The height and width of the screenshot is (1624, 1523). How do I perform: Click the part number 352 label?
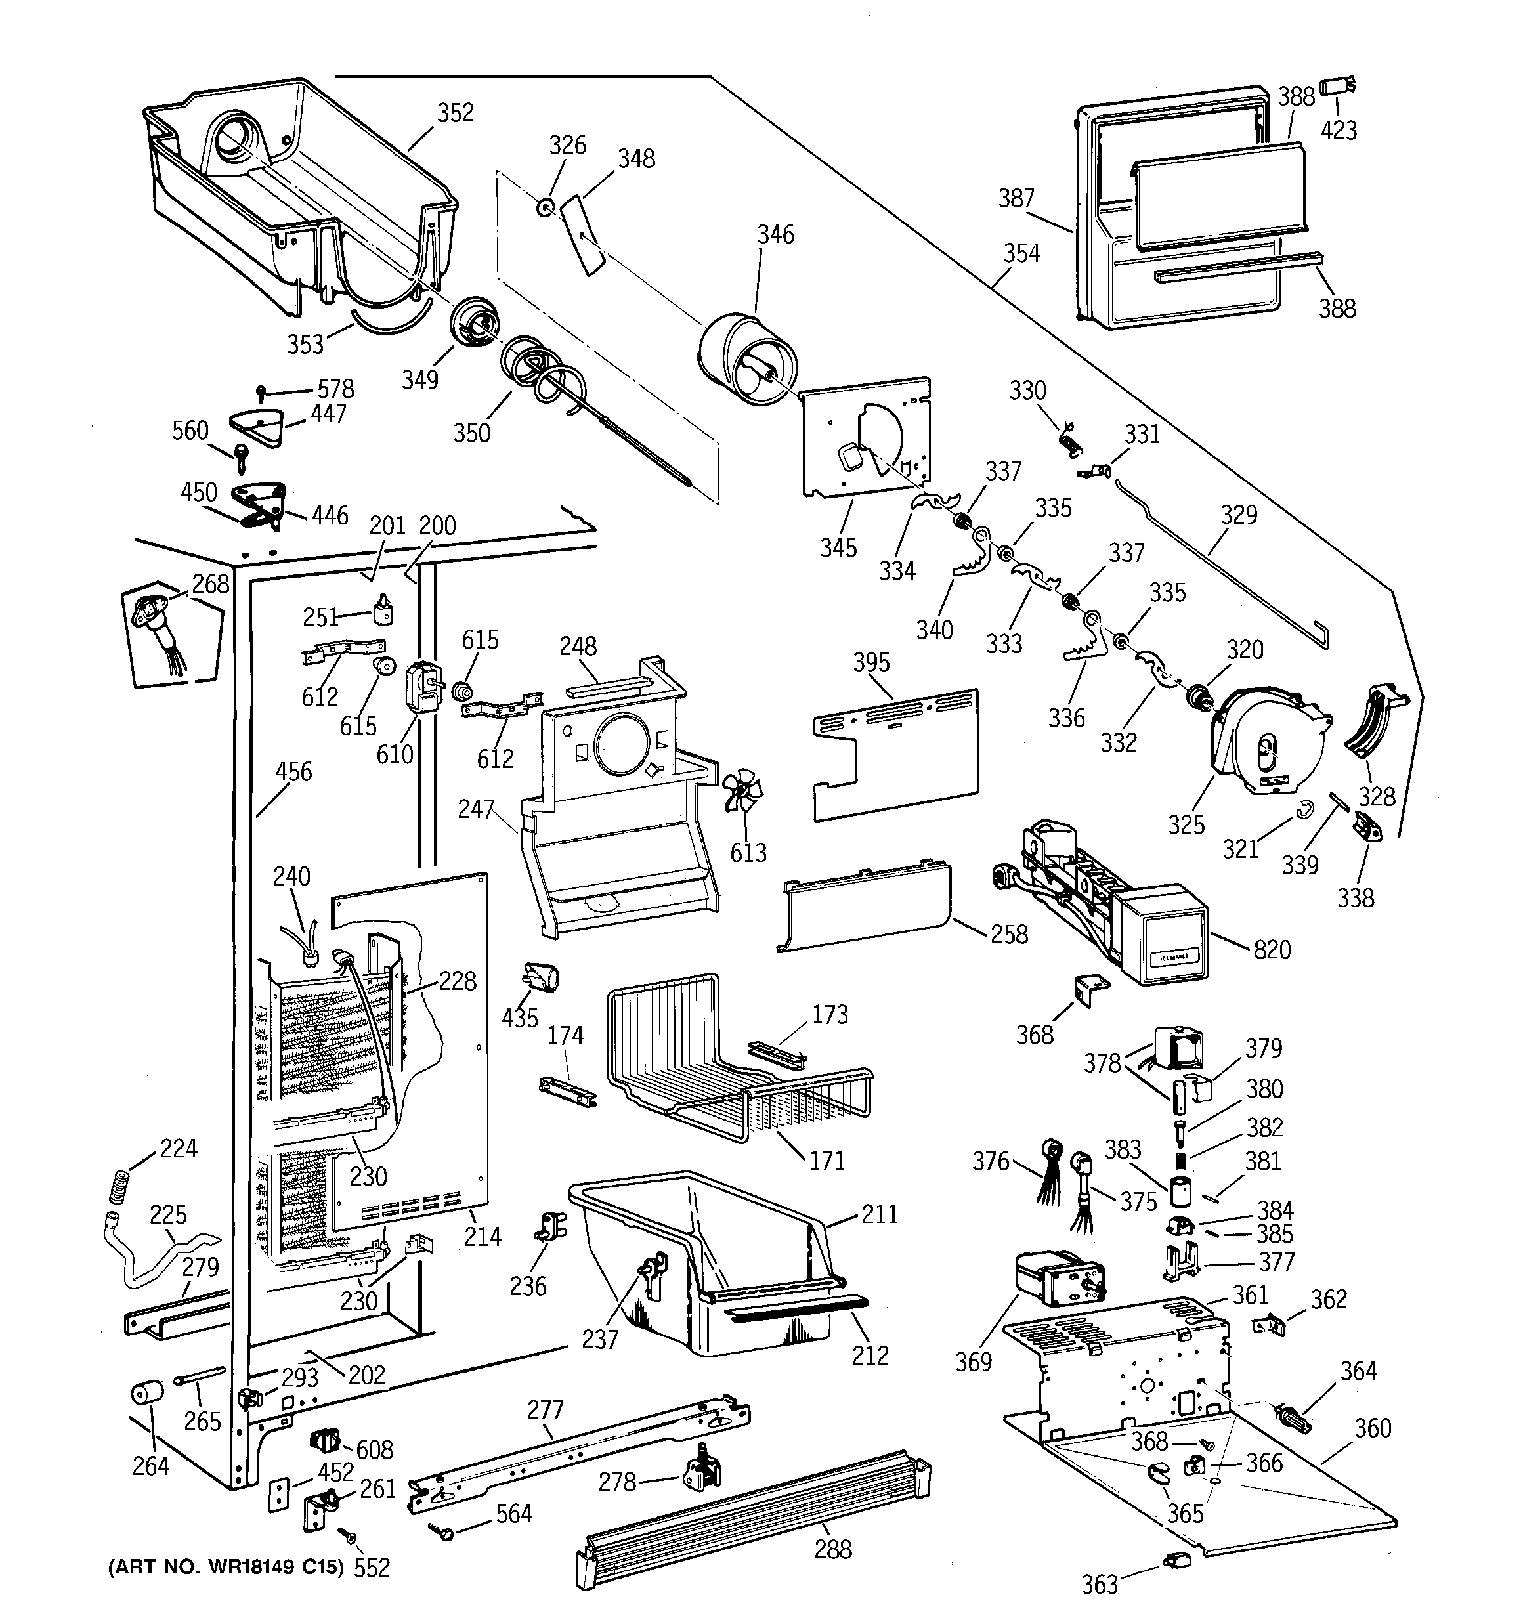[x=455, y=113]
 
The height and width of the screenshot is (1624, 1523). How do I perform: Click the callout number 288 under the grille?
[x=832, y=1550]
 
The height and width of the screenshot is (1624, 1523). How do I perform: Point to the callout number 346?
[x=775, y=234]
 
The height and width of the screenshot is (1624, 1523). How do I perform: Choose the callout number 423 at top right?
[x=1339, y=130]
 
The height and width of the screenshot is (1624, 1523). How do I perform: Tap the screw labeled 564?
[x=446, y=1534]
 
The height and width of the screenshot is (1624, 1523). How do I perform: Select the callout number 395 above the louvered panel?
[x=871, y=662]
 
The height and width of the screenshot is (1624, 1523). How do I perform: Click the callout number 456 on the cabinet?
[x=293, y=772]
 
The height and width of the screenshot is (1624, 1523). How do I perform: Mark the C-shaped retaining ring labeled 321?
[x=1305, y=809]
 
